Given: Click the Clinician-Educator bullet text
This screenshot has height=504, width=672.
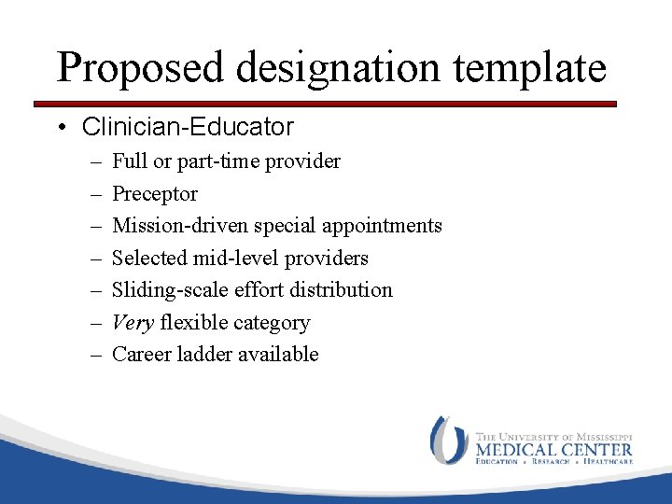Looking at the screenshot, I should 188,127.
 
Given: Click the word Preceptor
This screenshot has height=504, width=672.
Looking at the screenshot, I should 155,194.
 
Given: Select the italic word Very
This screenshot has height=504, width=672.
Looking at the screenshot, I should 133,323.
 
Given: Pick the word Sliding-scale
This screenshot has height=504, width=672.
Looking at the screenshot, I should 167,290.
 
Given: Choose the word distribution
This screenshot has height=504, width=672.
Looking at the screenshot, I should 343,290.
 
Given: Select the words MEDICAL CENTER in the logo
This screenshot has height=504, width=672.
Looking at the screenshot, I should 553,448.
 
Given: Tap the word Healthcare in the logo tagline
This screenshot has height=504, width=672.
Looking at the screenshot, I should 608,461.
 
